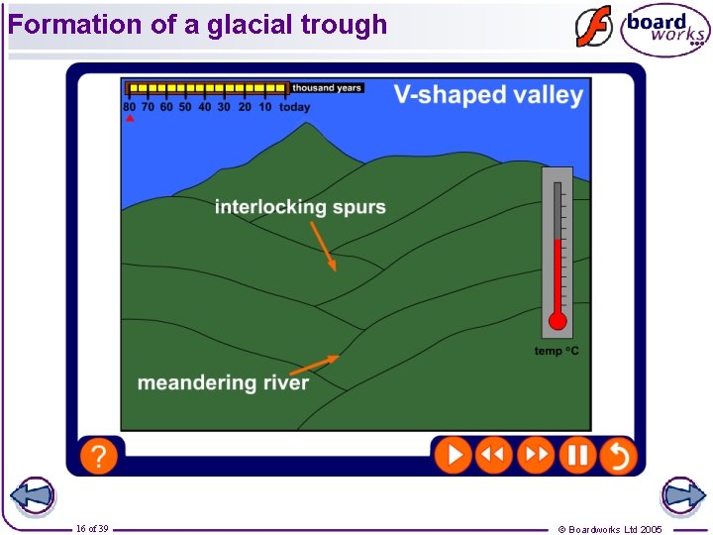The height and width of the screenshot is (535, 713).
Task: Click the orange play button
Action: tap(453, 456)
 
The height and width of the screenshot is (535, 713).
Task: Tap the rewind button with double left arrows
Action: tap(493, 456)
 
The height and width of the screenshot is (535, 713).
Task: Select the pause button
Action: tap(577, 456)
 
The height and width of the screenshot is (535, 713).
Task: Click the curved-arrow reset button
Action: tap(618, 456)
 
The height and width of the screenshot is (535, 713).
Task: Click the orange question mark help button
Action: tap(98, 456)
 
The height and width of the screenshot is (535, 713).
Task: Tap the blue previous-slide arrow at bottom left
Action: tap(31, 496)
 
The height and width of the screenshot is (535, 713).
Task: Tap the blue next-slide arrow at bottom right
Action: tap(683, 496)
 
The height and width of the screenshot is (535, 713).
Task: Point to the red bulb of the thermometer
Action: tap(558, 320)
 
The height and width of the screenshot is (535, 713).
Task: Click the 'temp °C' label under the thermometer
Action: tap(557, 352)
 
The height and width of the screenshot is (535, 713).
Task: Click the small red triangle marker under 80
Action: tap(130, 118)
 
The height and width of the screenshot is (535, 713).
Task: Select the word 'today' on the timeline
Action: tap(294, 107)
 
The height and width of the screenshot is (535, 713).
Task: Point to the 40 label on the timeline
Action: tap(205, 107)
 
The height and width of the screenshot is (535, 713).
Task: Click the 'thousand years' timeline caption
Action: tap(327, 88)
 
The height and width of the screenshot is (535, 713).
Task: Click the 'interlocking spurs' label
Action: tap(300, 207)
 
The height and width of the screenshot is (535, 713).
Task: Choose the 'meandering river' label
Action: tap(223, 382)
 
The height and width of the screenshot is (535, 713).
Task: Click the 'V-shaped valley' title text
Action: tap(488, 95)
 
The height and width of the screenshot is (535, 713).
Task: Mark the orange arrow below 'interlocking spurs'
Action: tap(324, 246)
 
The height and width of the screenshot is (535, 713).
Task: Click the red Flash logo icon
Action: tap(594, 28)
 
